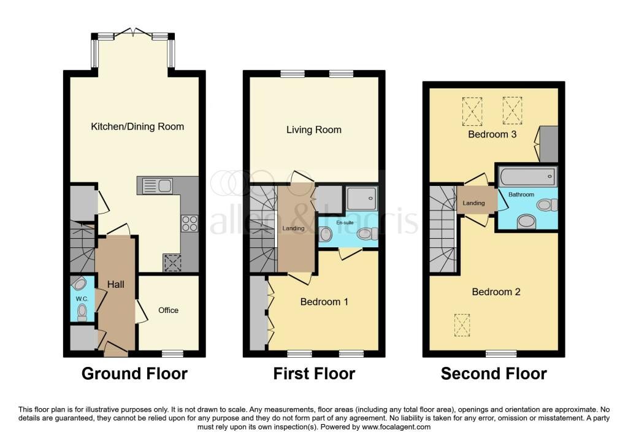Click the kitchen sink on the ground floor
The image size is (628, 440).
(157, 185)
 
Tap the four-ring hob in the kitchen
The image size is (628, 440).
(189, 223)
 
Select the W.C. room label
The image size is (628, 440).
(82, 299)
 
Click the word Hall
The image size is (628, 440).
(116, 285)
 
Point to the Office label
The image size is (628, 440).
(169, 311)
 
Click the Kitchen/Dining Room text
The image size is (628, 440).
(137, 127)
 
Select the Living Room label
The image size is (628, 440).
(314, 130)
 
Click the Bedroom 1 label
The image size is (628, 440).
(324, 302)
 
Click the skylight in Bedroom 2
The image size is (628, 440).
(462, 325)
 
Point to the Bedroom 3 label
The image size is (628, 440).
(492, 134)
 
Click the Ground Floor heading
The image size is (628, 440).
(134, 373)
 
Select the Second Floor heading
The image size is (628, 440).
(494, 373)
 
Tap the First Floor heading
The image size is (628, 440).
(314, 373)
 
